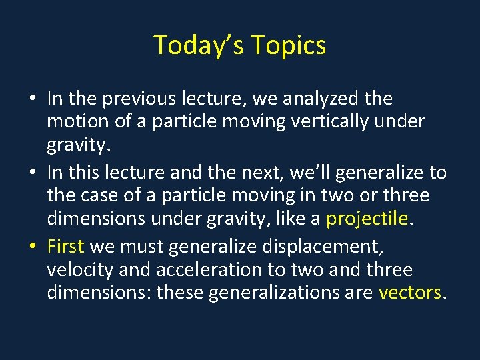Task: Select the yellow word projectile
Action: pyautogui.click(x=366, y=218)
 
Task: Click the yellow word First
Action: pyautogui.click(x=65, y=247)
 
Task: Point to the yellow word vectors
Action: pyautogui.click(x=409, y=292)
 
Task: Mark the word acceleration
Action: pyautogui.click(x=187, y=270)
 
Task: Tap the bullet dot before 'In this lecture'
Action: pyautogui.click(x=32, y=173)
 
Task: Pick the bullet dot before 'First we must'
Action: pyautogui.click(x=32, y=247)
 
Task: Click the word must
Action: pyautogui.click(x=141, y=247)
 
